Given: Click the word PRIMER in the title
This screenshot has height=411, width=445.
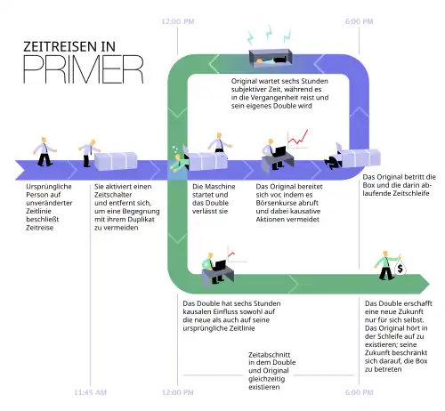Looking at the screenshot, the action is click(x=84, y=69).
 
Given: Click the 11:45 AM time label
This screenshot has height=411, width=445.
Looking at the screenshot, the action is click(x=90, y=392).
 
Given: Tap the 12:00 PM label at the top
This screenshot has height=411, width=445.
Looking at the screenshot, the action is click(x=178, y=21).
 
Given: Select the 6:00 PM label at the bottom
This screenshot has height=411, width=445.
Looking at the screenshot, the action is click(x=359, y=392).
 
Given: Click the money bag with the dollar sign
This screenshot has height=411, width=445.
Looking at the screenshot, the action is click(x=400, y=268).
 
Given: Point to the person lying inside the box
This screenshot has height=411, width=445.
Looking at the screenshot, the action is click(x=271, y=60).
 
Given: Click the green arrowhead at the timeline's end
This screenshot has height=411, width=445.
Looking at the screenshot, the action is click(x=424, y=284).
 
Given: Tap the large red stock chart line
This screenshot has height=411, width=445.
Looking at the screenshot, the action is click(x=298, y=138).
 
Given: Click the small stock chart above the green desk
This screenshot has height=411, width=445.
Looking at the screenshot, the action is click(x=237, y=254).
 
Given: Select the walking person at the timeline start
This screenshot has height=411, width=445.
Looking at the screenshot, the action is click(x=44, y=151).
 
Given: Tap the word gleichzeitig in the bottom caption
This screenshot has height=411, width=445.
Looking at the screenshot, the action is click(x=267, y=379).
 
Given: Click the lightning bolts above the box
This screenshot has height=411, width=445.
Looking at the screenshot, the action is click(x=269, y=35).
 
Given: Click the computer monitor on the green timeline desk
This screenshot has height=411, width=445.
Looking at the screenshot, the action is click(x=220, y=265).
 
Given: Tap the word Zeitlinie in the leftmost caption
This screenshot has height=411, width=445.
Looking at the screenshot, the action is click(x=38, y=211).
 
